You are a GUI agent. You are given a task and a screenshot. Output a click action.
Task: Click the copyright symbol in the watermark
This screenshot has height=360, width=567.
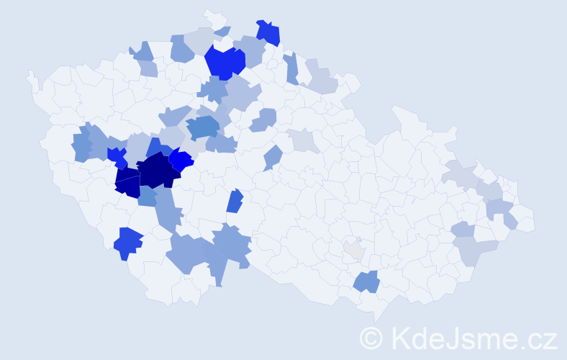tap(372, 338)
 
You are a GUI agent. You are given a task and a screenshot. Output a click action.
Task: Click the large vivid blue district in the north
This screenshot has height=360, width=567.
tap(224, 61)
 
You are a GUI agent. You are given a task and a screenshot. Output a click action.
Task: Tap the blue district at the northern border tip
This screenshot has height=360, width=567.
tap(268, 32)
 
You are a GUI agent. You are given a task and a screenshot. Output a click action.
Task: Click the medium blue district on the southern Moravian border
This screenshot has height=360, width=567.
tap(366, 281)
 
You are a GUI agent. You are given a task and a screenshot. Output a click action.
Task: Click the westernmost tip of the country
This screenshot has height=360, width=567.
tap(30, 75)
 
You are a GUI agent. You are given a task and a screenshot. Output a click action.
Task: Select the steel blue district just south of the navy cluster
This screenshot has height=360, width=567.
tap(147, 196)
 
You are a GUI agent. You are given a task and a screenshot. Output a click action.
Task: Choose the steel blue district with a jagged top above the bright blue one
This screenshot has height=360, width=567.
tap(203, 127)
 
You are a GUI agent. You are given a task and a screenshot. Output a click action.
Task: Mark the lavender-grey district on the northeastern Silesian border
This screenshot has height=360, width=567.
tap(461, 174)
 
